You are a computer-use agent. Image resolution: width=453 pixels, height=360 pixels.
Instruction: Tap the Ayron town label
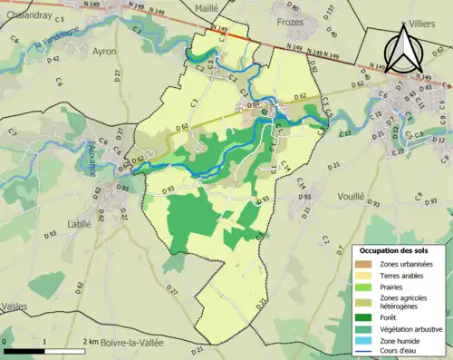point(104,52)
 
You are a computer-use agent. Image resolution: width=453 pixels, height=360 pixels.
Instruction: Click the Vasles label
point(13,306)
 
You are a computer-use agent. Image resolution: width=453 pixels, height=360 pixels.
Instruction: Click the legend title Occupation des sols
point(395,250)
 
